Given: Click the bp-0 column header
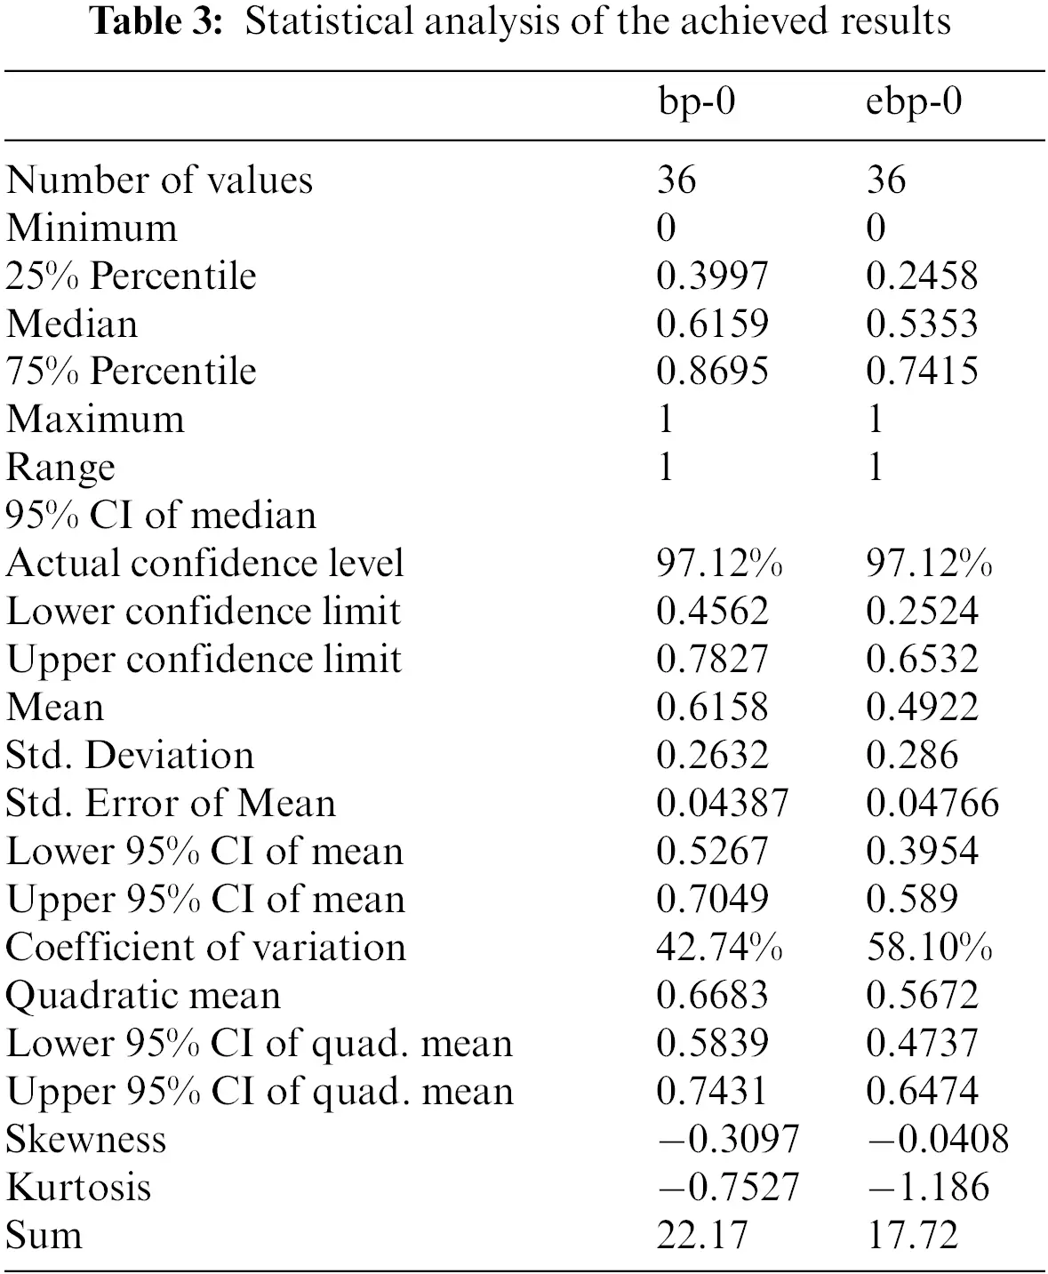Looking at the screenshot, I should (696, 103).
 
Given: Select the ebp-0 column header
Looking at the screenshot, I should (914, 103).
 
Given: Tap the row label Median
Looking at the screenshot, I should (72, 324).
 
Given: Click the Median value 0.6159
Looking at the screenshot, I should (712, 324).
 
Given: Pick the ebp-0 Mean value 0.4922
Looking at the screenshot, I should (922, 708).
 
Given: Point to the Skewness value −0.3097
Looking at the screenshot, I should (728, 1140).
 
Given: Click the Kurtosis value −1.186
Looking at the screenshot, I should (928, 1188).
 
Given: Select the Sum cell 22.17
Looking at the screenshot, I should (702, 1236).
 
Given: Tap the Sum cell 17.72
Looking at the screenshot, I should (912, 1236).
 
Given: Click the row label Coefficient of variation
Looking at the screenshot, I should (205, 948).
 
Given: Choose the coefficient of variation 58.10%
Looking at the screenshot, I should (929, 948).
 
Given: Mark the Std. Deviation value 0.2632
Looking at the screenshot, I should (712, 756).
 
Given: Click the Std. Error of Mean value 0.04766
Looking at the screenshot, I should (932, 804).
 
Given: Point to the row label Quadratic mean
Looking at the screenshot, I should (143, 996).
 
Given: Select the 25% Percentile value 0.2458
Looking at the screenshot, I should (922, 276).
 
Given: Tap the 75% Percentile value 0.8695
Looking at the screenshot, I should (712, 372).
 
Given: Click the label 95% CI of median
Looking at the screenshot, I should (161, 516).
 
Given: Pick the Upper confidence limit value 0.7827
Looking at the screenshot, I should (712, 660).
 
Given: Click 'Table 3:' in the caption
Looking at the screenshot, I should (156, 21).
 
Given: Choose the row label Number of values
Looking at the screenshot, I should (159, 180).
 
